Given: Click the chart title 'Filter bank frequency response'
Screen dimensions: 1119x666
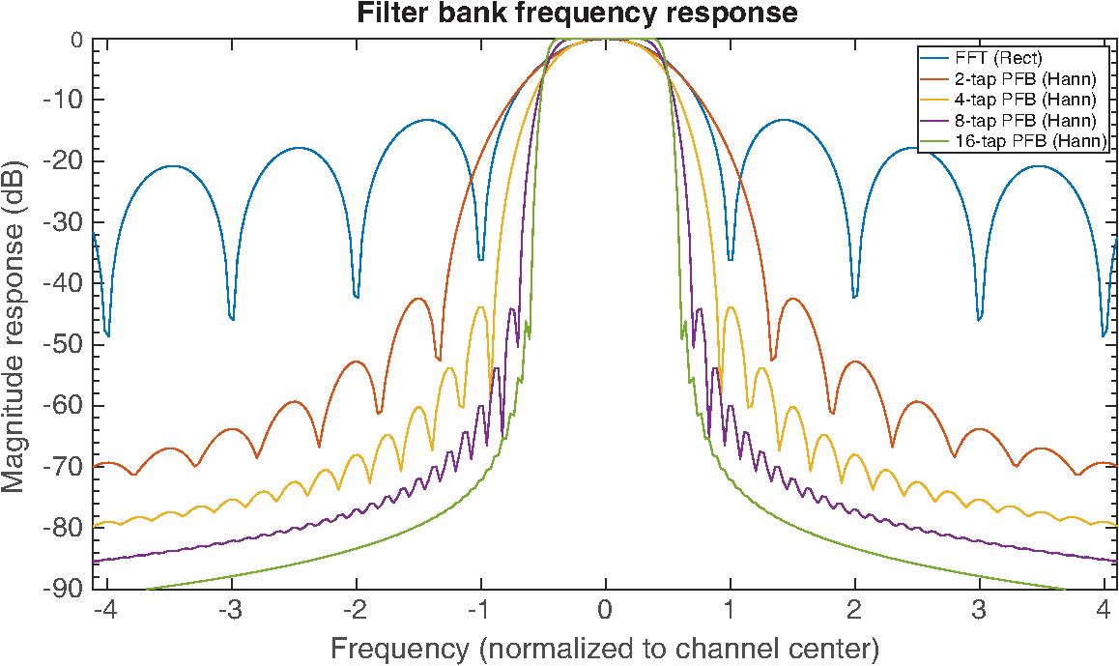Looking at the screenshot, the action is point(577,13).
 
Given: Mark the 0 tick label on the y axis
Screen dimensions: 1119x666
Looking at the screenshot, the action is point(77,40).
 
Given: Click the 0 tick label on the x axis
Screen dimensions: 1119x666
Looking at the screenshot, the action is point(605,611).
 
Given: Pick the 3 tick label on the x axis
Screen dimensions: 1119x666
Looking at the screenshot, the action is point(979,611).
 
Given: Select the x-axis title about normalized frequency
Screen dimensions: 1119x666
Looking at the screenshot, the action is point(605,649).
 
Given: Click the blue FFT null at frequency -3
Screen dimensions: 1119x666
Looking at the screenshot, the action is point(231,318).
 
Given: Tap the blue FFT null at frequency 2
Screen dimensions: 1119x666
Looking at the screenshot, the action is point(855,296).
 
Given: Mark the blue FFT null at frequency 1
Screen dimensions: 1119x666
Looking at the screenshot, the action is point(731,259).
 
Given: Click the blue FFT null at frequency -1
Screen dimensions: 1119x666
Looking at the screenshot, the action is point(481,259).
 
